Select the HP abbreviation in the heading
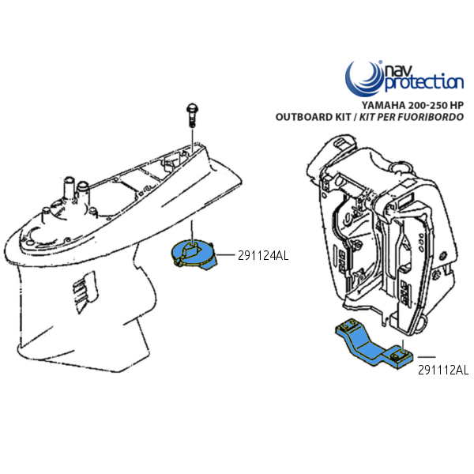457,105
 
